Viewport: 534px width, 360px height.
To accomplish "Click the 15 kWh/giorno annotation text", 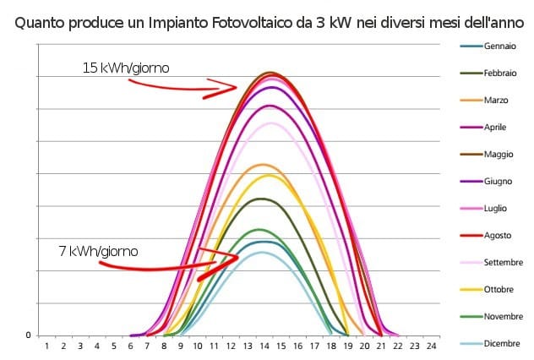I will (x=126, y=68).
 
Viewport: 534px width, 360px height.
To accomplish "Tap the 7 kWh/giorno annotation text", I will (x=98, y=251).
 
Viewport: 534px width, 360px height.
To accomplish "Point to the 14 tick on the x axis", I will (x=264, y=346).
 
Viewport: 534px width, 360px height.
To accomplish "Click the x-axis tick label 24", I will (x=432, y=346).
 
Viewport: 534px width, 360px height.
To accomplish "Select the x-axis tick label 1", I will (x=46, y=346).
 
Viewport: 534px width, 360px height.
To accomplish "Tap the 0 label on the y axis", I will (x=28, y=335).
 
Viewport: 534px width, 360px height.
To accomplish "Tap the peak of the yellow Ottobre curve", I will (x=270, y=175).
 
